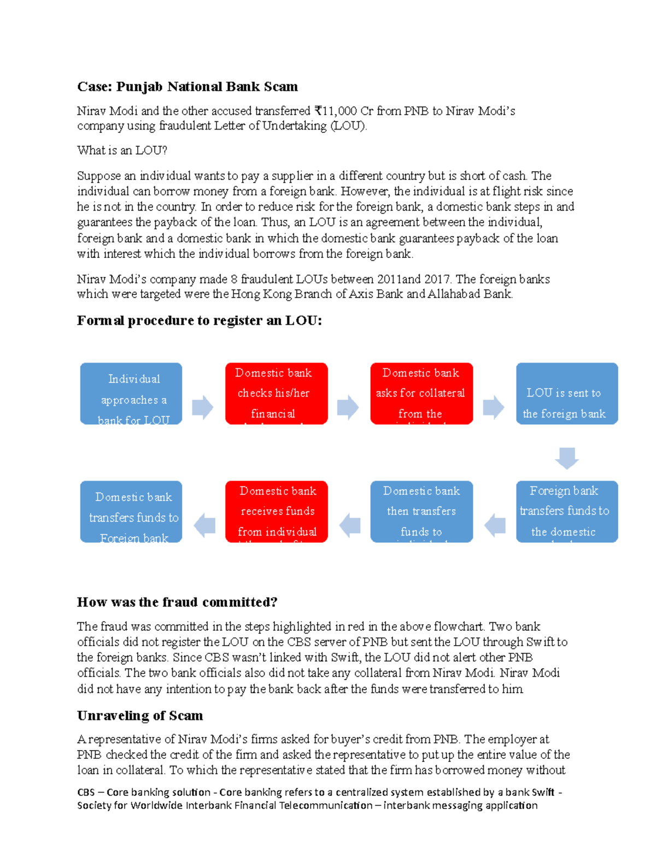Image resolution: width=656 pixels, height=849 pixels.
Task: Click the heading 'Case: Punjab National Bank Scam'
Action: click(188, 87)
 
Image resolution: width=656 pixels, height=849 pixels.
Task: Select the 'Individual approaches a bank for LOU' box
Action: click(131, 394)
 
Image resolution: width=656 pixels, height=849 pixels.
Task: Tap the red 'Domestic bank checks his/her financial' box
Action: click(277, 394)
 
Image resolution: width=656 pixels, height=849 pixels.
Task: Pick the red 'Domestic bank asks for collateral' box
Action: click(421, 394)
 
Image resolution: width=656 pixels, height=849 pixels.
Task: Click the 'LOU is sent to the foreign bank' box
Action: click(567, 394)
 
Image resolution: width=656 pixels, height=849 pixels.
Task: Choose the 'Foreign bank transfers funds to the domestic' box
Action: click(567, 512)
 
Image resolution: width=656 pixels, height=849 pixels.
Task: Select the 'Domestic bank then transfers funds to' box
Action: click(421, 512)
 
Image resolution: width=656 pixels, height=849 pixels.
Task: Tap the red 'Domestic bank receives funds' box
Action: click(277, 512)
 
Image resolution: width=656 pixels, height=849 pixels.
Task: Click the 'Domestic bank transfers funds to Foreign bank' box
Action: click(131, 512)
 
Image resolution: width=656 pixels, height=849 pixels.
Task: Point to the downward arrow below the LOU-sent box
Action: click(567, 458)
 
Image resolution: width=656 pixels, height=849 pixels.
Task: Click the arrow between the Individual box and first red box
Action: click(203, 407)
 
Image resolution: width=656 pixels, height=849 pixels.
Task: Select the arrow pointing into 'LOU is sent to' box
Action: click(494, 407)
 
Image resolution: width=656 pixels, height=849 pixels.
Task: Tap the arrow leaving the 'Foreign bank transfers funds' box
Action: click(495, 525)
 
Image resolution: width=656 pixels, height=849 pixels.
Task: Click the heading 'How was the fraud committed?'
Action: click(177, 602)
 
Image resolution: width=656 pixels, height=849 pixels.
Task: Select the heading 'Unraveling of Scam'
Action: click(140, 716)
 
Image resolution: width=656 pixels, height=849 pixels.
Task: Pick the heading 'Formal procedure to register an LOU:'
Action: click(200, 321)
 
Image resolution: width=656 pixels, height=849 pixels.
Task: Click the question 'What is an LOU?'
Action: click(122, 150)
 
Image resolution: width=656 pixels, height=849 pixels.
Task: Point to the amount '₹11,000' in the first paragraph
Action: click(336, 112)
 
